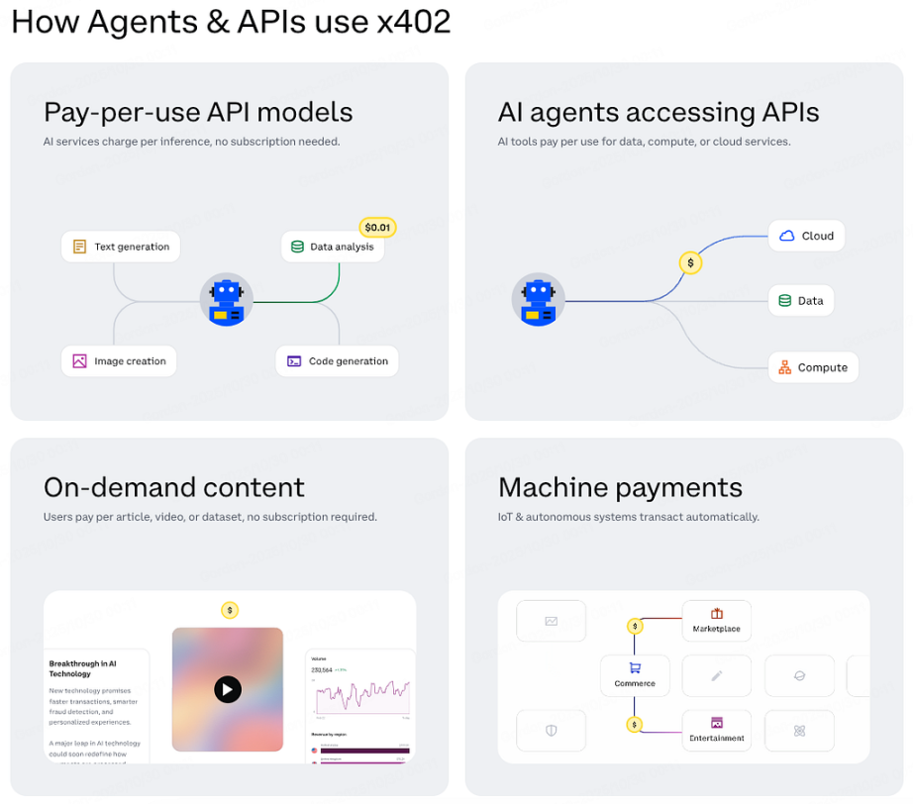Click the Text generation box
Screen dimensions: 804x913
pos(121,247)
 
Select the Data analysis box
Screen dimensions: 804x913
pos(333,247)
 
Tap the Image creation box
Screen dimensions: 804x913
pos(119,361)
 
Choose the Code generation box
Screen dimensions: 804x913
pos(337,361)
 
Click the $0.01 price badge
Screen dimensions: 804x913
pos(377,228)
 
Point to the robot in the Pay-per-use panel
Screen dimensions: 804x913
pos(226,300)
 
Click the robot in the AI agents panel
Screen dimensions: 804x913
pos(538,300)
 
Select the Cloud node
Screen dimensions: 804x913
pos(807,236)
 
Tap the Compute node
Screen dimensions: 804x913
pos(813,367)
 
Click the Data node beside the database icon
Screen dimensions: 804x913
pos(801,301)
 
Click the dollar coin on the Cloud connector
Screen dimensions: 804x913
pos(690,262)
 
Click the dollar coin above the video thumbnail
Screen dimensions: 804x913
pos(230,610)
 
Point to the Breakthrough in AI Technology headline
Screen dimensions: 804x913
pos(83,668)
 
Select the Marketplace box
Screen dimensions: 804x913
pos(716,621)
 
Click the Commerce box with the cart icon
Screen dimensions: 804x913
pos(635,675)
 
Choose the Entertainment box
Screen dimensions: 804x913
pos(716,730)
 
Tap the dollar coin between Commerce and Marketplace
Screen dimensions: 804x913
pos(635,626)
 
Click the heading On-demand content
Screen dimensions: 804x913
pos(174,487)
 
